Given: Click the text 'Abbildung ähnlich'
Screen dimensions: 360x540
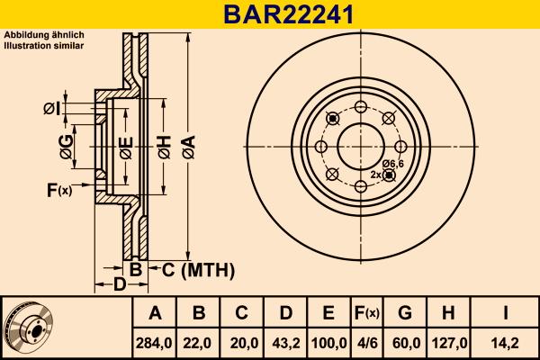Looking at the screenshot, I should click(x=44, y=35).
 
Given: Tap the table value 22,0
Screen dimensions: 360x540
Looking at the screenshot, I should click(x=199, y=342).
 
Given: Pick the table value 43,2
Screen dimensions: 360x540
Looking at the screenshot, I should click(x=285, y=342).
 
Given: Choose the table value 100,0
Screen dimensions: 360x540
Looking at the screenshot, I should click(x=328, y=342).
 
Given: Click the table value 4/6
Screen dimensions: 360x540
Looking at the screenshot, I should click(x=366, y=342).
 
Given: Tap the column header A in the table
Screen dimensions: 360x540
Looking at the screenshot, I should click(x=155, y=313).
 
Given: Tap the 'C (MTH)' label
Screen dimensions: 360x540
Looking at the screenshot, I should click(x=198, y=269).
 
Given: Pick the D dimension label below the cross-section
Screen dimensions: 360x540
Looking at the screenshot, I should click(x=119, y=285).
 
